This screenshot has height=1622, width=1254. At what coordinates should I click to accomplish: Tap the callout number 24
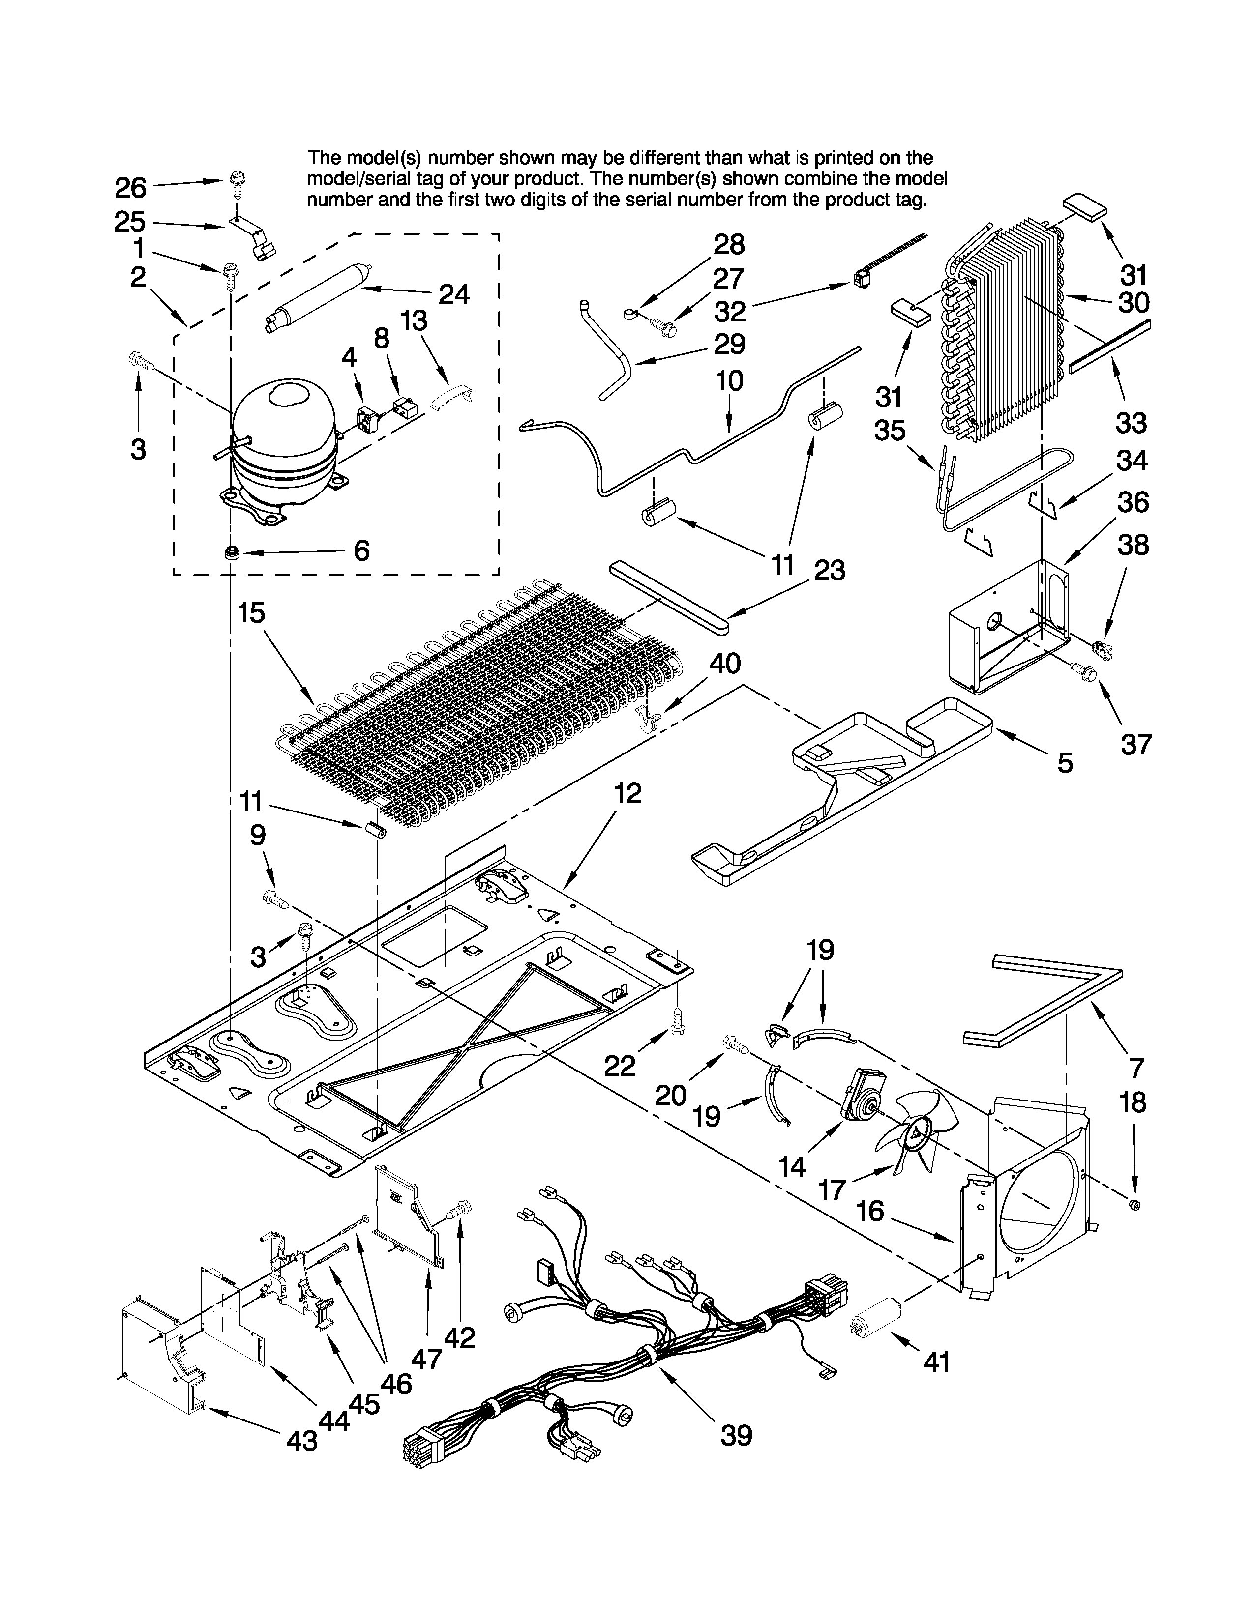point(453,295)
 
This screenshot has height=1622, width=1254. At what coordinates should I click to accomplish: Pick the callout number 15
point(252,613)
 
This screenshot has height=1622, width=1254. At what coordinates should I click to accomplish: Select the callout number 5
point(1065,763)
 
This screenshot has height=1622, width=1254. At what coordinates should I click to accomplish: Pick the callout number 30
point(1134,302)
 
